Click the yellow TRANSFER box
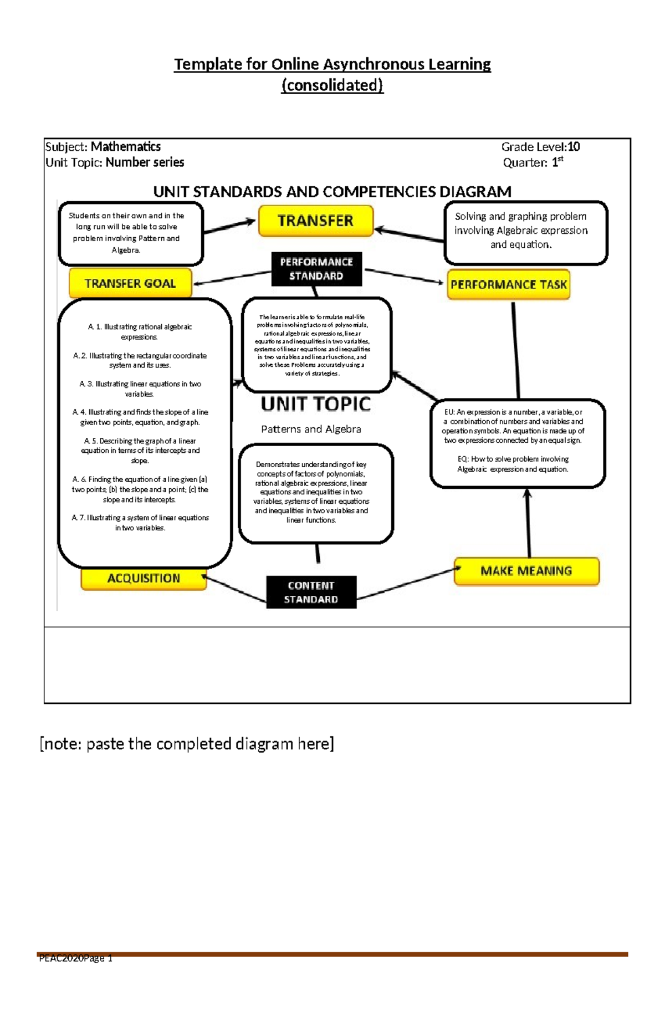pyautogui.click(x=316, y=221)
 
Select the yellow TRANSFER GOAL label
pyautogui.click(x=130, y=283)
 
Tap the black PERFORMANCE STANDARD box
pyautogui.click(x=316, y=269)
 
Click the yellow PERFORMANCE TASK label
pyautogui.click(x=508, y=285)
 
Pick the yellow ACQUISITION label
pyautogui.click(x=144, y=578)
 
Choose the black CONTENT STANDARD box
pyautogui.click(x=311, y=592)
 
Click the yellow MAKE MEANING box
pyautogui.click(x=526, y=571)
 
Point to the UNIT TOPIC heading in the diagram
pyautogui.click(x=315, y=404)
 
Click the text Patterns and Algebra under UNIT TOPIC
pyautogui.click(x=311, y=429)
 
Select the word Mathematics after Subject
pyautogui.click(x=126, y=147)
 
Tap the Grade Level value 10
pyautogui.click(x=574, y=147)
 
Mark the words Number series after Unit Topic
pyautogui.click(x=145, y=162)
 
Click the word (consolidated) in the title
pyautogui.click(x=332, y=85)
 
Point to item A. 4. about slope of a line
pyautogui.click(x=140, y=417)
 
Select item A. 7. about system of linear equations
pyautogui.click(x=140, y=523)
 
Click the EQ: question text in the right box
pyautogui.click(x=513, y=464)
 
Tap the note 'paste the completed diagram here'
pyautogui.click(x=187, y=744)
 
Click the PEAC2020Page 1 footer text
pyautogui.click(x=76, y=958)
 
